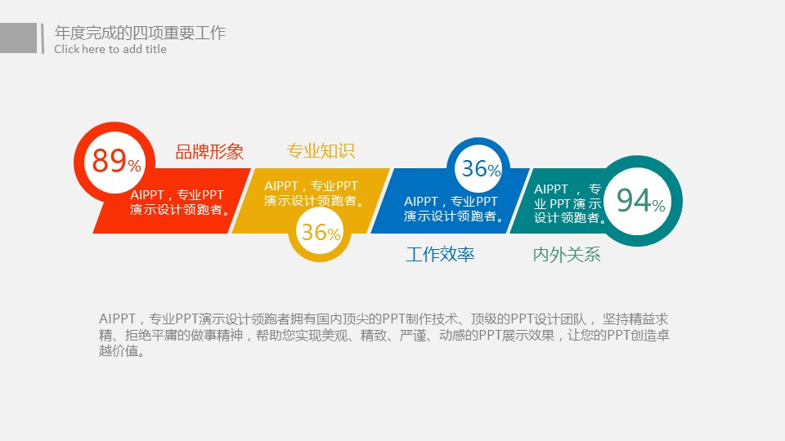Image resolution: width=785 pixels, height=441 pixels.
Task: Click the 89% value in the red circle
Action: click(116, 161)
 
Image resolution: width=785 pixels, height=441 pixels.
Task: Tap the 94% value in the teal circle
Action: click(641, 200)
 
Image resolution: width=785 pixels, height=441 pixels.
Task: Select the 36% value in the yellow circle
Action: click(321, 232)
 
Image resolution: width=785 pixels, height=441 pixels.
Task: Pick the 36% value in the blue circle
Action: click(481, 168)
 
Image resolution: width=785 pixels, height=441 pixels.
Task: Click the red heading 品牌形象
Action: click(209, 152)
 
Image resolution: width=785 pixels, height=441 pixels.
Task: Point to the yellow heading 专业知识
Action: click(321, 150)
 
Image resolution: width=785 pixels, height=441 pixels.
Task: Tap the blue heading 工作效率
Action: click(440, 255)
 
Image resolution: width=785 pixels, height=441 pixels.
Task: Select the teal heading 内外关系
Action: click(567, 255)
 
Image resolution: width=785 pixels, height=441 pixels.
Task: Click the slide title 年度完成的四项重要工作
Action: click(140, 33)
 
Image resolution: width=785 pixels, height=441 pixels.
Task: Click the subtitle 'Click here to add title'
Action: click(110, 49)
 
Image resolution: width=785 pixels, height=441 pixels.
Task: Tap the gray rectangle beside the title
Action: click(18, 38)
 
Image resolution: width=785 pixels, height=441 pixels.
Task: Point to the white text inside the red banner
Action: click(180, 202)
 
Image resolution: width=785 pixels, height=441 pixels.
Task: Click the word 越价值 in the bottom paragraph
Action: click(118, 351)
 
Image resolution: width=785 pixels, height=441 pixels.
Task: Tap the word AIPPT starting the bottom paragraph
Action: click(117, 318)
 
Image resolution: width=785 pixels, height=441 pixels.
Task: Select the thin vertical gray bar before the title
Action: click(43, 38)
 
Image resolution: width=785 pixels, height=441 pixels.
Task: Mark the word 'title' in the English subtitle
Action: click(155, 49)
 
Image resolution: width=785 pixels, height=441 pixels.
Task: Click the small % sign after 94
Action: click(659, 205)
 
